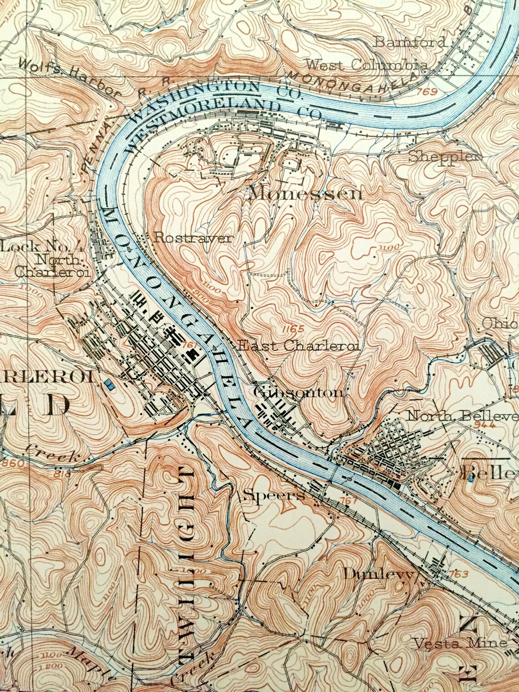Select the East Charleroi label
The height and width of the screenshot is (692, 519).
point(299,346)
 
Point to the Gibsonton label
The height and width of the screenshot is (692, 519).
point(299,392)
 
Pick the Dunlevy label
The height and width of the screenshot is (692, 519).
point(379,574)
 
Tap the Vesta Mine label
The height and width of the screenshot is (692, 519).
point(460,643)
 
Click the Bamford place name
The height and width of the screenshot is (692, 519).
point(410,42)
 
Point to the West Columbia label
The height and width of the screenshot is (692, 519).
point(366,65)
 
